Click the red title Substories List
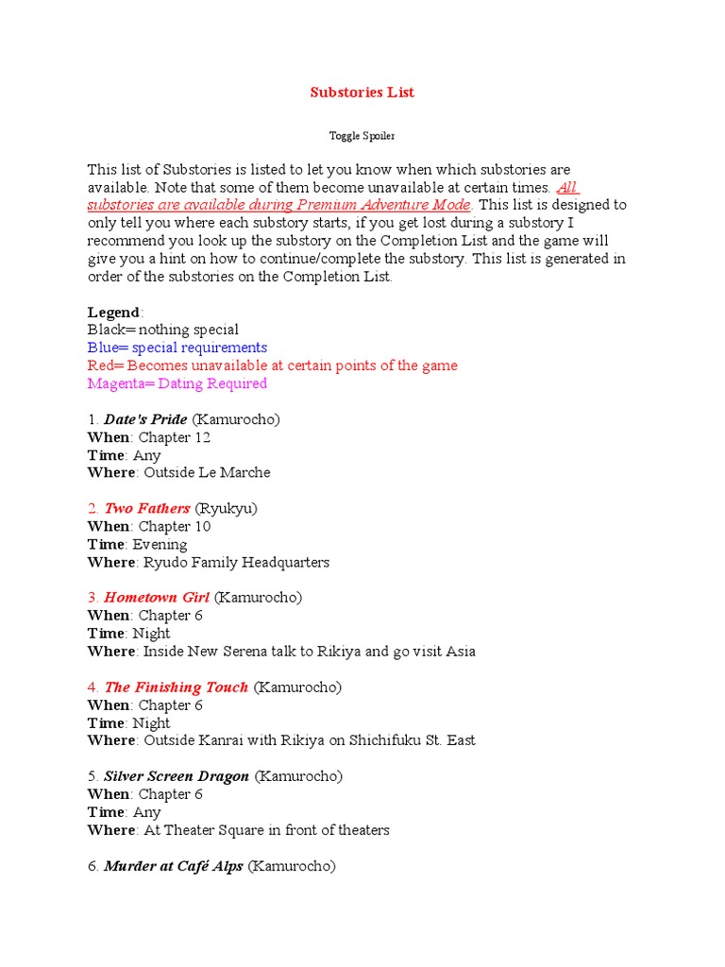(x=362, y=93)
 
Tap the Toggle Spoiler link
(x=362, y=136)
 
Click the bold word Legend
(x=113, y=313)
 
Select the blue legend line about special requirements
(x=177, y=348)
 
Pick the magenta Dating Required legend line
(x=177, y=383)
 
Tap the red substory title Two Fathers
(x=146, y=508)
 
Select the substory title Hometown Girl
(x=157, y=598)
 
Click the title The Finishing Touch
(x=176, y=687)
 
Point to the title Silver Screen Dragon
(x=177, y=776)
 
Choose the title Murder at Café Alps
(x=174, y=865)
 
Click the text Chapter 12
(x=175, y=437)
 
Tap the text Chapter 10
(x=175, y=526)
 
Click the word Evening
(x=160, y=544)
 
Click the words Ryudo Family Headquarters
(x=236, y=562)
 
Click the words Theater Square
(x=204, y=830)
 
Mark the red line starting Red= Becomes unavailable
(x=273, y=365)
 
